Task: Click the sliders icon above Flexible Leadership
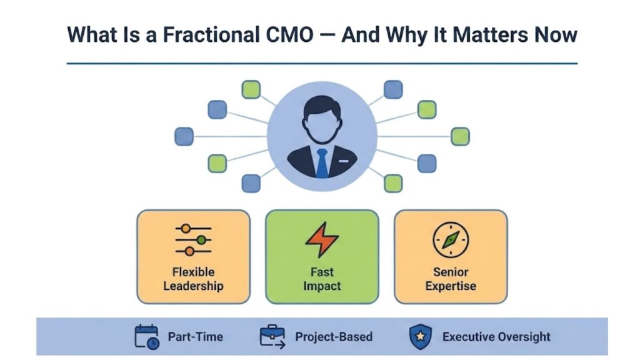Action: (193, 239)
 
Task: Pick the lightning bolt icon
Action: (322, 239)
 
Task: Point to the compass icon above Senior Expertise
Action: (451, 239)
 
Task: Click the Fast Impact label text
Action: (322, 279)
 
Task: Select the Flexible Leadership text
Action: (193, 279)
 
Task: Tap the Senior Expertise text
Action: (451, 279)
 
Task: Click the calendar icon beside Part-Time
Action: (147, 336)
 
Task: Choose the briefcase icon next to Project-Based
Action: (272, 336)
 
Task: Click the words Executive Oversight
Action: (497, 337)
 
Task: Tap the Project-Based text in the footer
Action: (334, 337)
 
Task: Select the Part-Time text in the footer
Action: (195, 337)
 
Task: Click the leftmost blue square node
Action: (184, 136)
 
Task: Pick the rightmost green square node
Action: (460, 136)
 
